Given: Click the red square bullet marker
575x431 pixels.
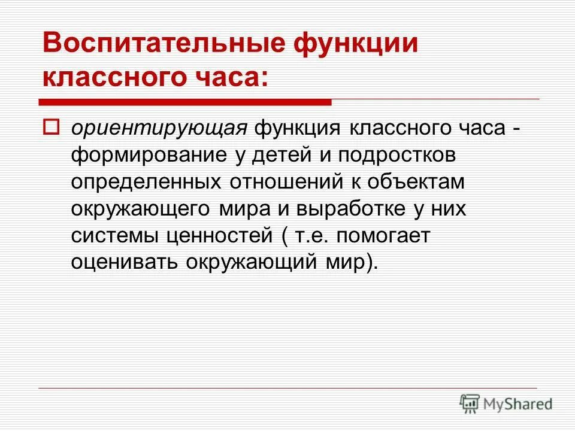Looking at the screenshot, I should [51, 128].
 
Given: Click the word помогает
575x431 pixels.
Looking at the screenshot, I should [383, 236].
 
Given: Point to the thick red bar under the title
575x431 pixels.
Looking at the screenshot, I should [186, 102].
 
